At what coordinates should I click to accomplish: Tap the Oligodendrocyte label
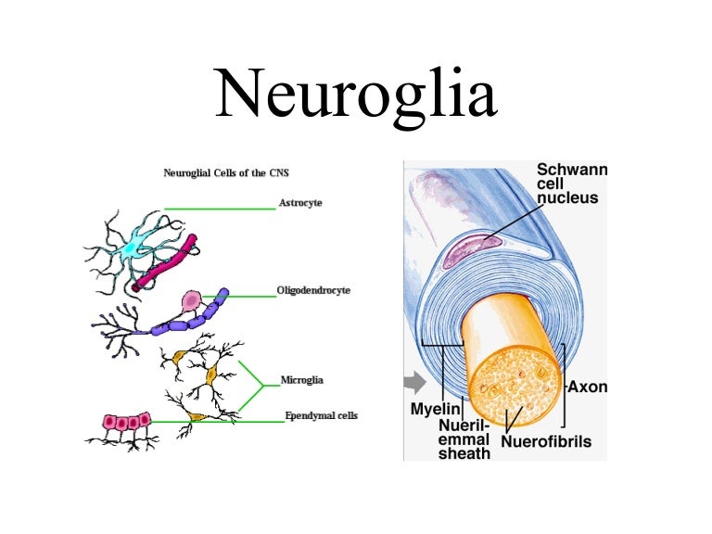313,291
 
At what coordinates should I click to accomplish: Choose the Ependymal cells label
320,416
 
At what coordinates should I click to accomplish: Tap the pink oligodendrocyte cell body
192,301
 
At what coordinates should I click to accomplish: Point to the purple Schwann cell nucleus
473,248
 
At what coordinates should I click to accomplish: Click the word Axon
587,387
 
